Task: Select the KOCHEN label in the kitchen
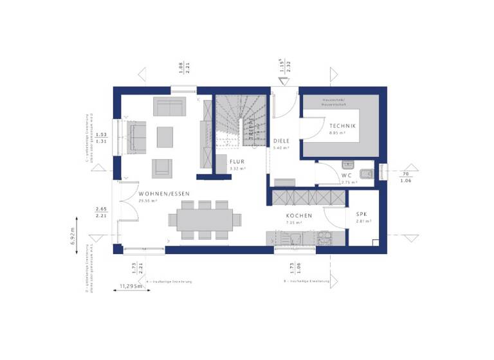point(300,216)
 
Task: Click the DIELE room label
point(281,141)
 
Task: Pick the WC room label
point(346,175)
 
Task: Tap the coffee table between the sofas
point(165,136)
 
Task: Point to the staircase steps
point(232,116)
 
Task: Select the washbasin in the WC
point(348,164)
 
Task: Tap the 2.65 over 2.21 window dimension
point(100,213)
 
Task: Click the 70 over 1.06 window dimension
point(405,177)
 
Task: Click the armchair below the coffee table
point(162,168)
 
